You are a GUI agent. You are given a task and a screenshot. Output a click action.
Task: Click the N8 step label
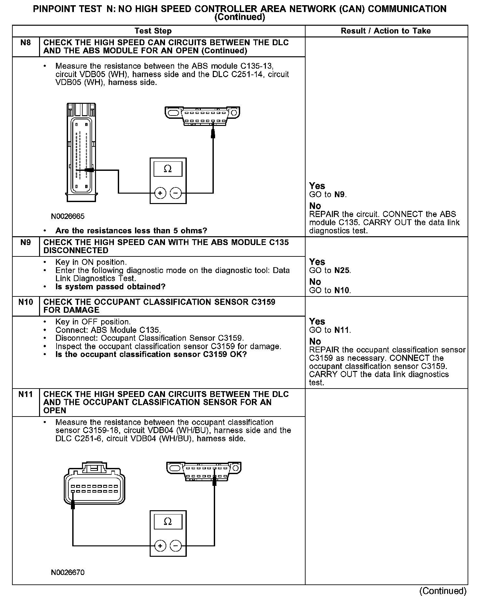click(25, 43)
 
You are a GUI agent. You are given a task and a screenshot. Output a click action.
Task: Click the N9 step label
click(25, 242)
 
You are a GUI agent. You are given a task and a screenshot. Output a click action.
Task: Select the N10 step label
click(25, 302)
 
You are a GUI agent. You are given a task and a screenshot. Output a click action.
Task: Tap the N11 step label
click(25, 394)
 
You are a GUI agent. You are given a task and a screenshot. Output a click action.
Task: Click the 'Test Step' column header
click(153, 31)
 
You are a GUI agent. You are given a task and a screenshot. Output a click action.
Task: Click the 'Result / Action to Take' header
click(386, 31)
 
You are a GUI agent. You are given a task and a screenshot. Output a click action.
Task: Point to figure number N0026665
click(68, 216)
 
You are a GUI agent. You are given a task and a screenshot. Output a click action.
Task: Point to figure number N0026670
click(68, 581)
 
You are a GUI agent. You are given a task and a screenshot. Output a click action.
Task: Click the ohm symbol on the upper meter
click(168, 169)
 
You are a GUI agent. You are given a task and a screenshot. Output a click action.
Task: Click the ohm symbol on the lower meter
click(168, 522)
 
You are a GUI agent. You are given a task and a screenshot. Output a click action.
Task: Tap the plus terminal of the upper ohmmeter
click(160, 193)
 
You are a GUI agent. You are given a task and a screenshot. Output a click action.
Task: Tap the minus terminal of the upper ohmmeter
click(176, 193)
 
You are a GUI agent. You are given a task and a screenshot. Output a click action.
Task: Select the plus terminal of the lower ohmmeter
click(160, 546)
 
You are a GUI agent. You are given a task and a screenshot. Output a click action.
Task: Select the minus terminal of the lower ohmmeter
click(176, 546)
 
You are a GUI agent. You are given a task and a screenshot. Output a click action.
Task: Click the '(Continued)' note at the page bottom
click(443, 591)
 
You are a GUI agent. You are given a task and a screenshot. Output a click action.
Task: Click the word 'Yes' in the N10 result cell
click(317, 322)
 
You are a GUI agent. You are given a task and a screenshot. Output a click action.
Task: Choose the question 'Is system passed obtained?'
click(110, 287)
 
